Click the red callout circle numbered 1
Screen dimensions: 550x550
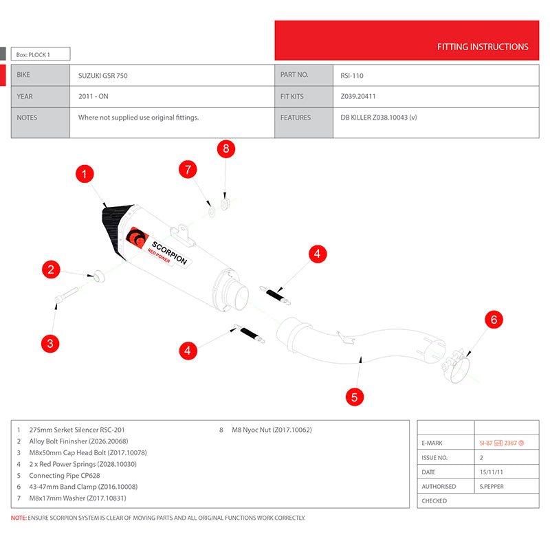(84, 175)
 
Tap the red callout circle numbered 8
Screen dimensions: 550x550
(227, 148)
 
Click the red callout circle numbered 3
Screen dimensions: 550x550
(50, 342)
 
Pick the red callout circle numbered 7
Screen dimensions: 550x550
(188, 169)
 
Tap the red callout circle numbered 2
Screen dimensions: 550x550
(50, 269)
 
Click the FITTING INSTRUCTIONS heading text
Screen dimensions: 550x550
(483, 47)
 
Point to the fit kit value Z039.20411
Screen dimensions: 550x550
(358, 97)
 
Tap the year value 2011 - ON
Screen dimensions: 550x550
(93, 97)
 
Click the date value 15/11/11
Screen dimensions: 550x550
(491, 472)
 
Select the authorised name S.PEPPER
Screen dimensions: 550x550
(490, 486)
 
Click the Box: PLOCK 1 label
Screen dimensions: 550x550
(41, 54)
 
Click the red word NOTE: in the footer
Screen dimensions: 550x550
(19, 518)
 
